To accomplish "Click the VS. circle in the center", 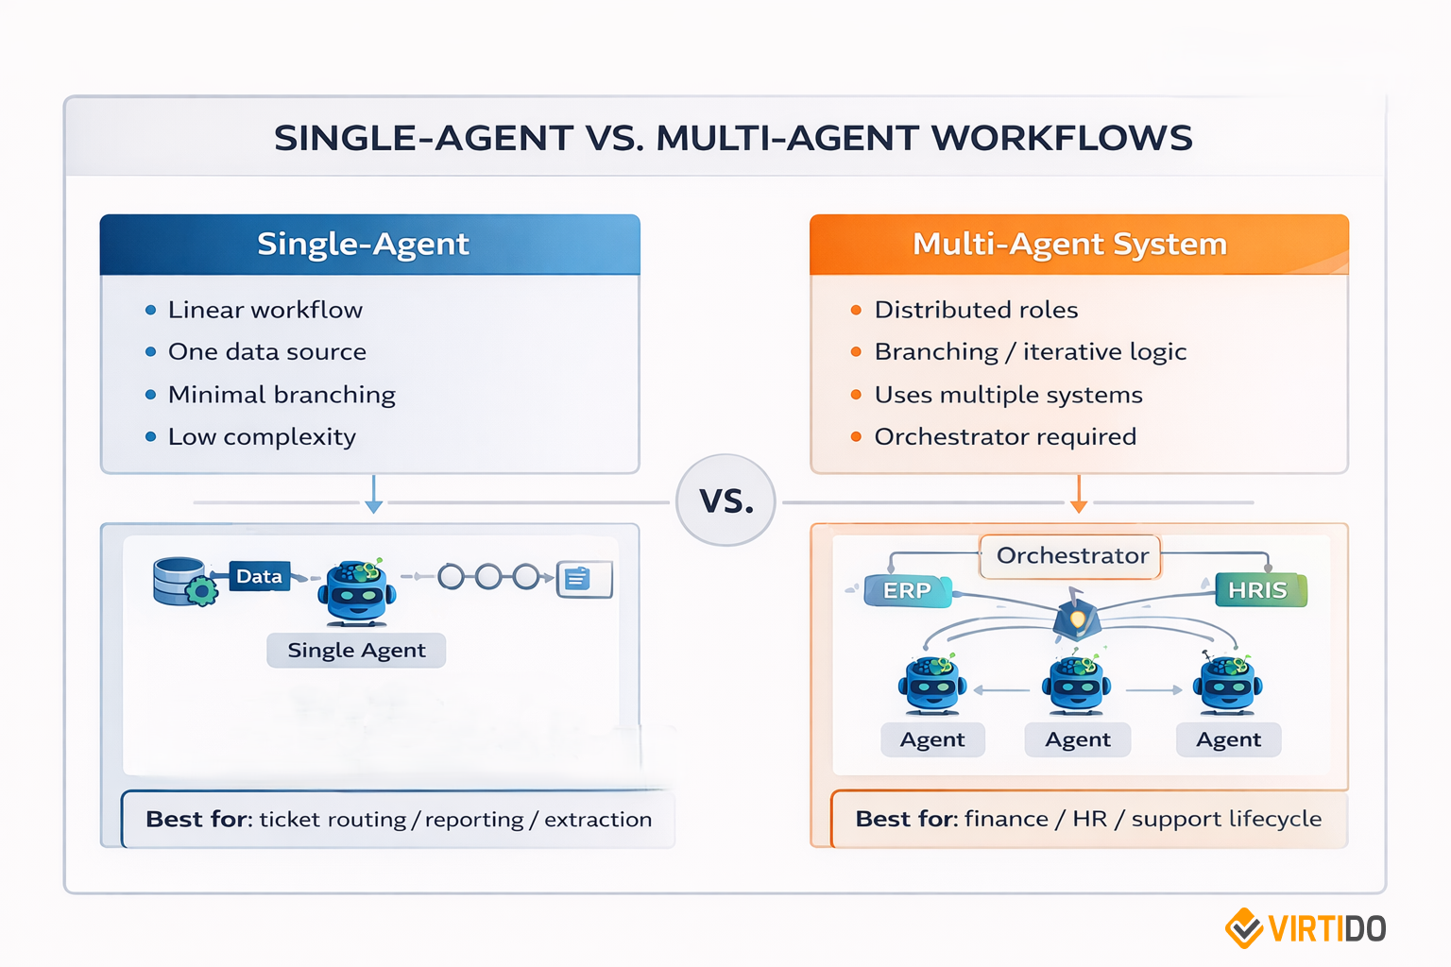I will coord(725,500).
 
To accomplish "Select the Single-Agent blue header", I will coord(369,245).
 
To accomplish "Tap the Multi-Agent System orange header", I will coord(1079,245).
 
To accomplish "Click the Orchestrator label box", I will coord(1071,555).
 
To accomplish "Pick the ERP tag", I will coord(907,590).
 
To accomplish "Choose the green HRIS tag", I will coord(1258,590).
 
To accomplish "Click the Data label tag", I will coord(259,576).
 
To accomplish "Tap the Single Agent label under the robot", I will coord(356,650).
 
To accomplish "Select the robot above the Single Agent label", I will coord(356,593).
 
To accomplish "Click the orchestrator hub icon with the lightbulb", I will coord(1077,617).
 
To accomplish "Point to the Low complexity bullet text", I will coord(262,437).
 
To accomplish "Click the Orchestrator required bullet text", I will coord(1005,437).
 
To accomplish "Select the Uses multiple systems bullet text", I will coord(1008,395).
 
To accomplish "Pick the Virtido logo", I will coord(1305,928).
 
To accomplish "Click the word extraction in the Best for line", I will coord(598,820).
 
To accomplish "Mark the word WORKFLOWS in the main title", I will coord(1061,139).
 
